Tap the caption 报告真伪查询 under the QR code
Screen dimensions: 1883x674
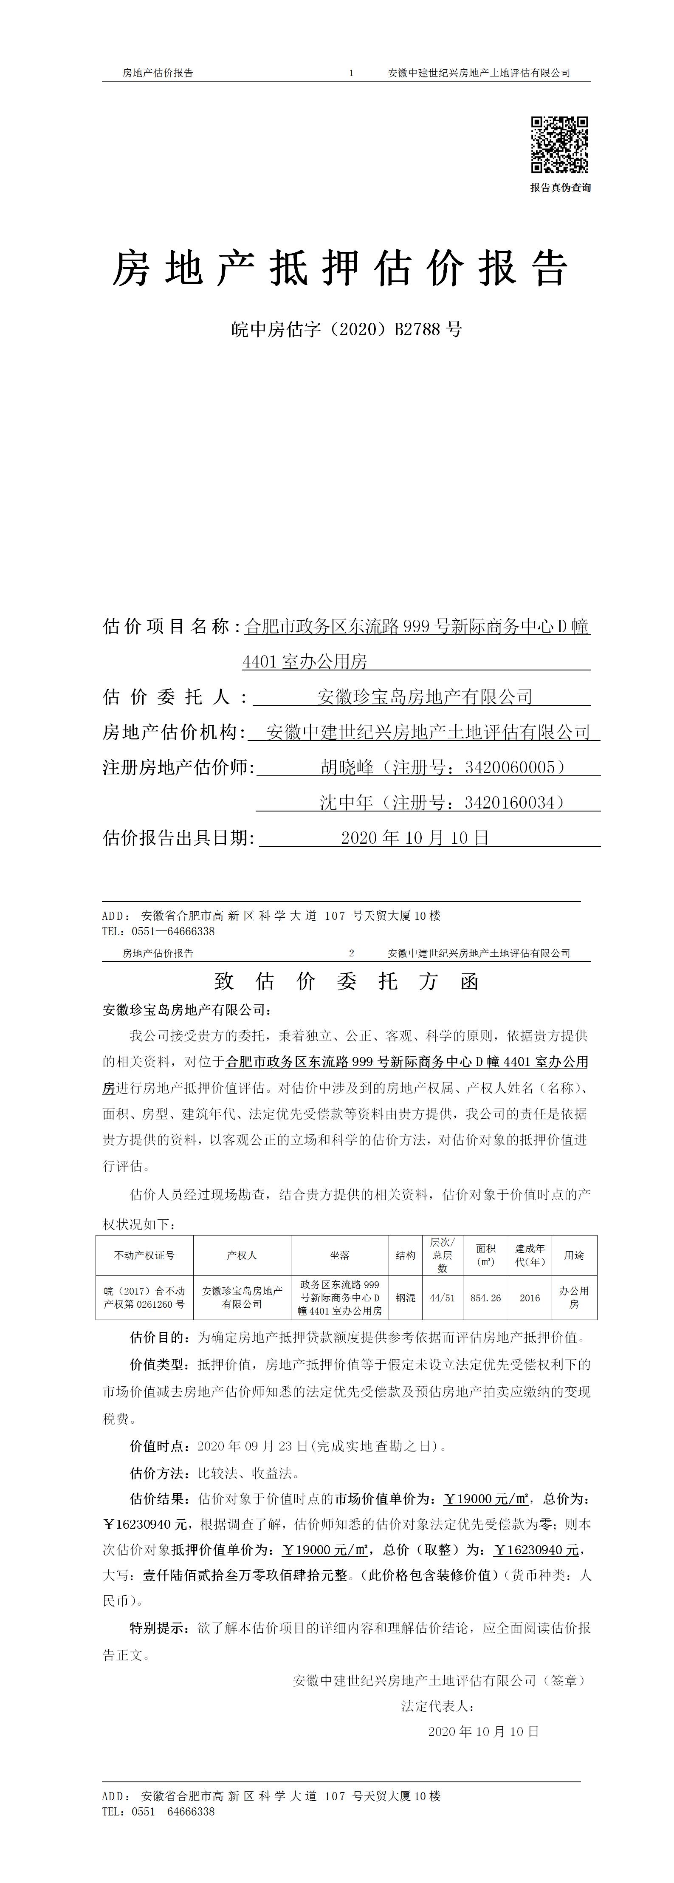(561, 188)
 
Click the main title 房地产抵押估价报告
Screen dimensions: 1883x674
(340, 268)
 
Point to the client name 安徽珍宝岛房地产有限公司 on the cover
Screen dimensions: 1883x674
(424, 697)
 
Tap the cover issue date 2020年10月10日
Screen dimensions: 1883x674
(415, 838)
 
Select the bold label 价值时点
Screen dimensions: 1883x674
(156, 1446)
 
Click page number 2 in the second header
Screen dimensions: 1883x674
(352, 953)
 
